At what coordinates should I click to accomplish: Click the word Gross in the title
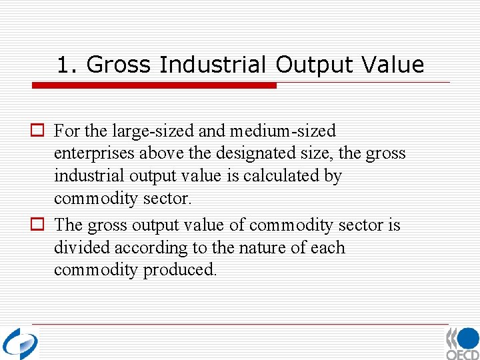tap(120, 65)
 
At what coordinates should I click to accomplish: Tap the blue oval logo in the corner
tap(20, 343)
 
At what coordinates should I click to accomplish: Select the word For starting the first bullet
tap(66, 131)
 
